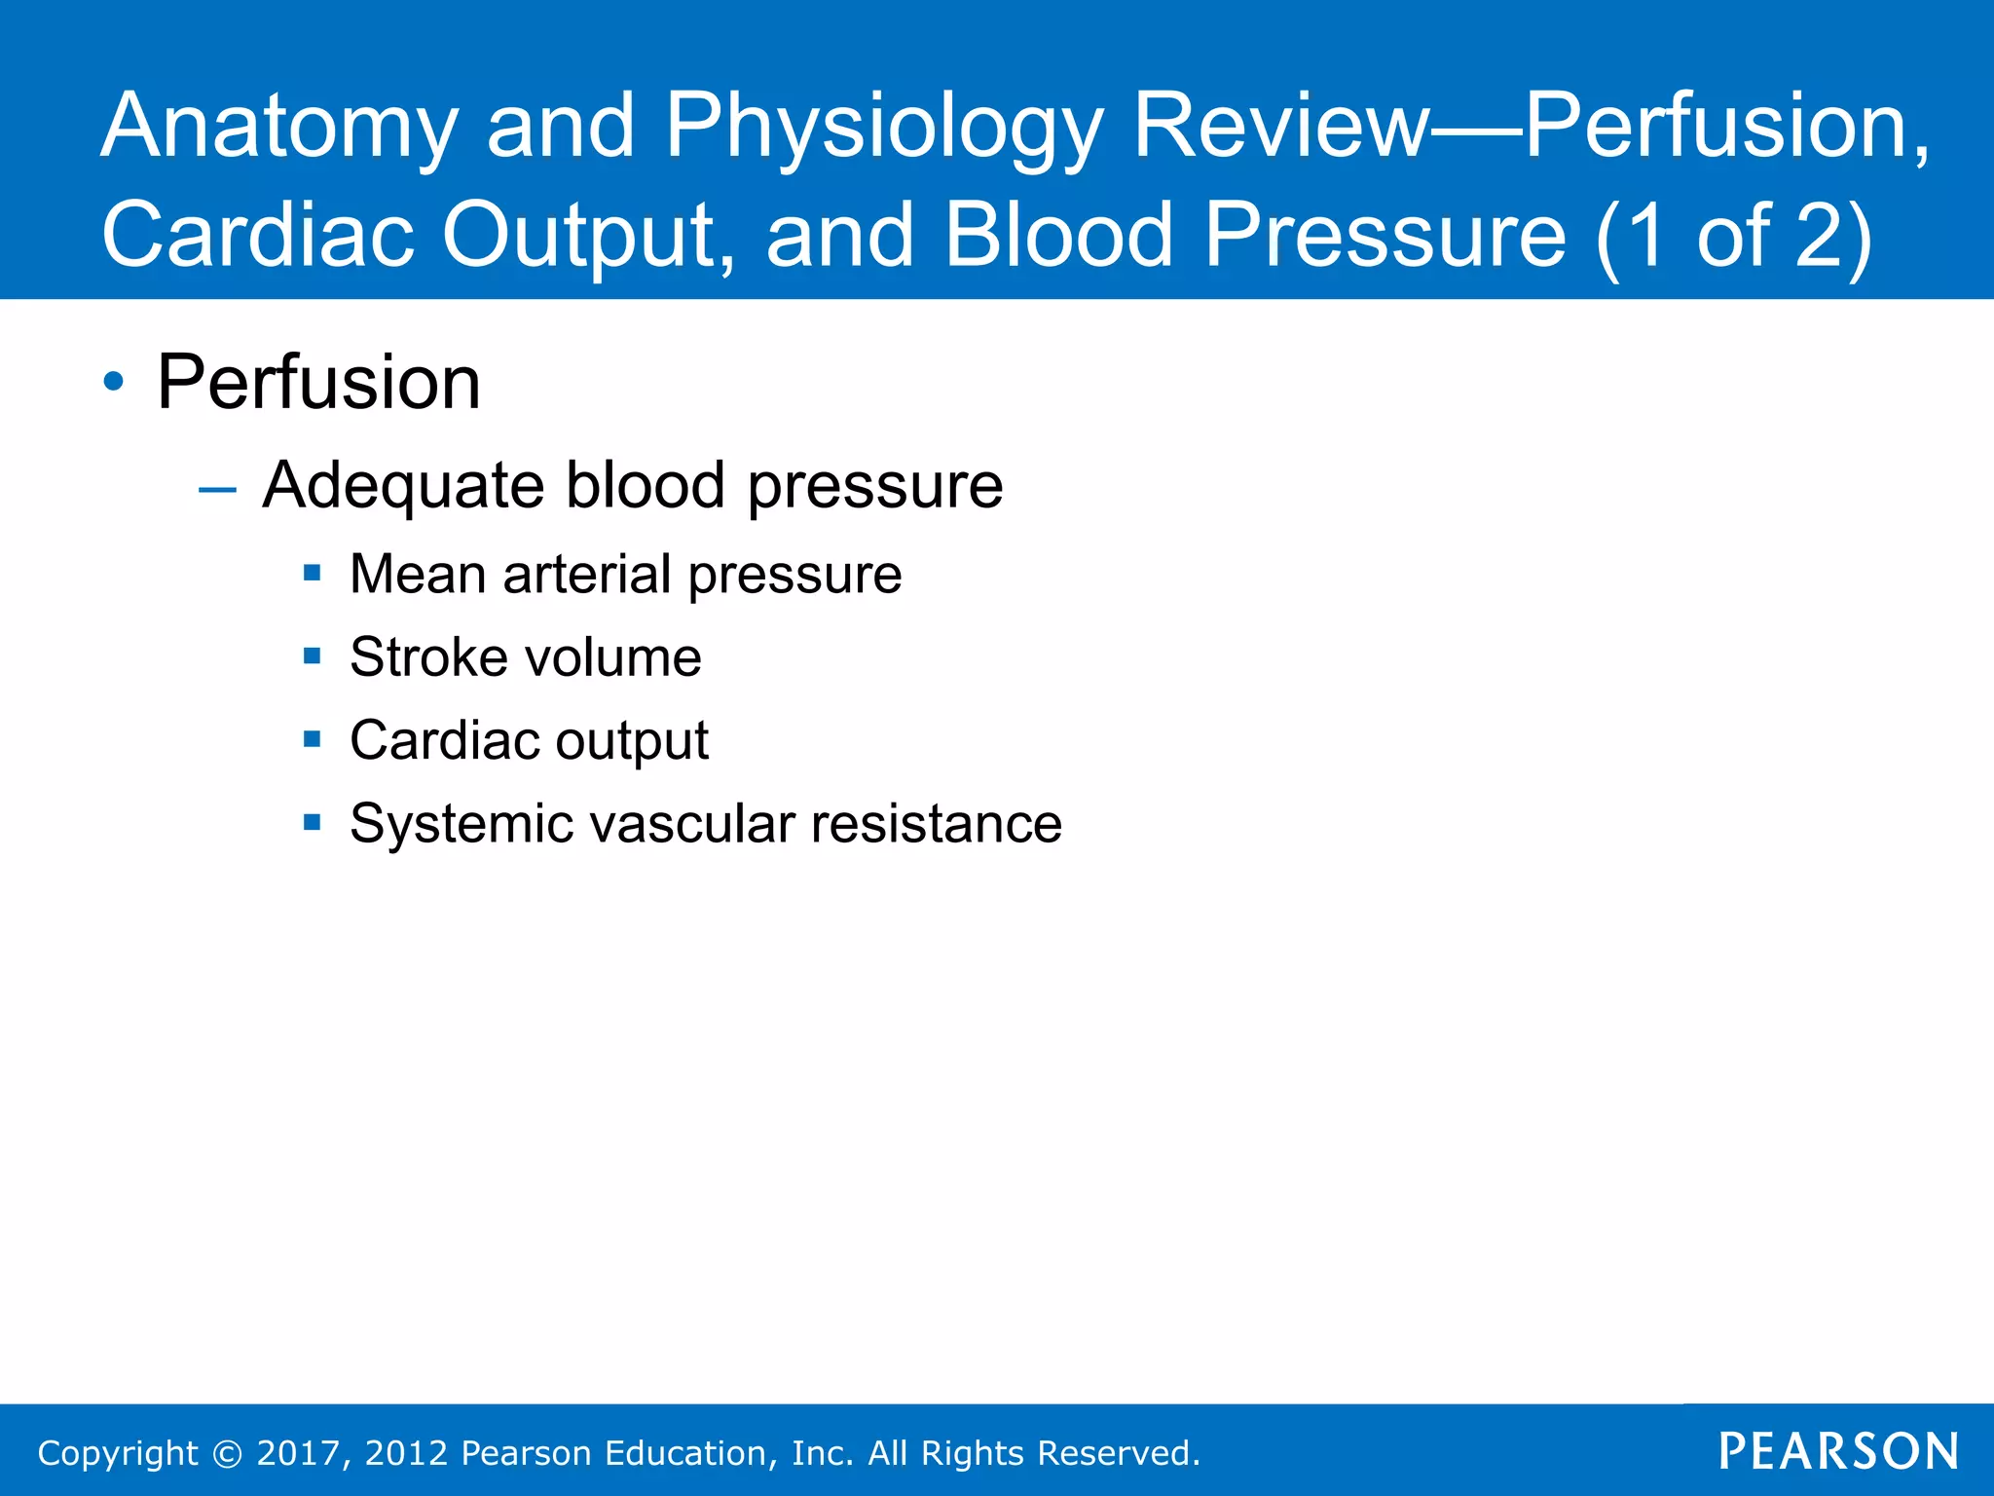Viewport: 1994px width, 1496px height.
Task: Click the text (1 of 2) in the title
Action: coord(1733,236)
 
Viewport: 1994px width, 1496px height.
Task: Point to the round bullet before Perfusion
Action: coord(114,383)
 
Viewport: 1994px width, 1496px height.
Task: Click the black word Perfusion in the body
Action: coord(318,383)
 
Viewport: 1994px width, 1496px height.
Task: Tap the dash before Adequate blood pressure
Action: coord(217,489)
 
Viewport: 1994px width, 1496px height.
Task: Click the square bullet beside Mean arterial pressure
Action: coord(312,574)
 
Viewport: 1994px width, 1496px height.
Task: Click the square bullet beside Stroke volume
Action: coord(312,656)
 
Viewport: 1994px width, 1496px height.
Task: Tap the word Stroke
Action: coord(429,657)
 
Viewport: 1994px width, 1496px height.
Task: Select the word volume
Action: coord(613,657)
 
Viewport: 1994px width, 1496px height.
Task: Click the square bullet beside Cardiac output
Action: coord(312,740)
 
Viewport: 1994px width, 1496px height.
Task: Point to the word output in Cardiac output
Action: coord(632,742)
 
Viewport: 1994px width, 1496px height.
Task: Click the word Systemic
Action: coord(462,824)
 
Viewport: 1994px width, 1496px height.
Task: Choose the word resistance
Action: coord(937,824)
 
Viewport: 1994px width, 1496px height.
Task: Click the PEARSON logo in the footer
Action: coord(1838,1452)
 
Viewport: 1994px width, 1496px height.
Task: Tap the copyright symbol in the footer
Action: coord(227,1453)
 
